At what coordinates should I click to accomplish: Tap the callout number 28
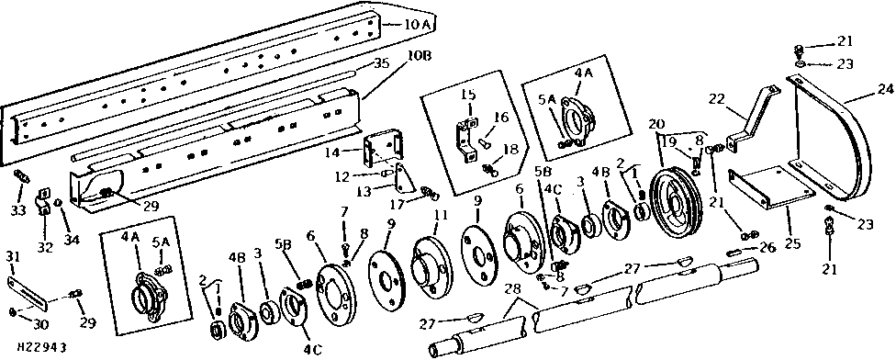click(514, 289)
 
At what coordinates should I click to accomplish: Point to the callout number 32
click(46, 248)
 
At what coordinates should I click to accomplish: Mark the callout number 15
click(468, 95)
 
